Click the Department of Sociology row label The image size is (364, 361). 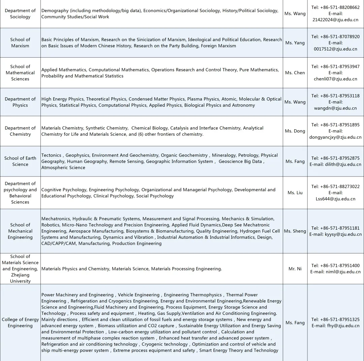click(x=20, y=13)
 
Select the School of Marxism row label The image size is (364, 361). click(x=20, y=42)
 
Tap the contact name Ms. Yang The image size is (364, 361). click(x=295, y=43)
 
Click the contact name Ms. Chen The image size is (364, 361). click(x=295, y=73)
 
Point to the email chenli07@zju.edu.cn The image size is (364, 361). click(x=335, y=79)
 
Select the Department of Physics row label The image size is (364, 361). click(x=20, y=102)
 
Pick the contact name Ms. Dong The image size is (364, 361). click(x=295, y=131)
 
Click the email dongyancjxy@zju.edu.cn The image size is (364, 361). click(x=335, y=137)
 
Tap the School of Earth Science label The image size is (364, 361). click(x=20, y=161)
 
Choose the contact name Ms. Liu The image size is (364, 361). click(x=295, y=193)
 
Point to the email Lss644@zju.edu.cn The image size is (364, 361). click(x=335, y=199)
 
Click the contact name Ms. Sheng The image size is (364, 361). click(x=295, y=231)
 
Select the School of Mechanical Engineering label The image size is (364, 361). click(x=20, y=231)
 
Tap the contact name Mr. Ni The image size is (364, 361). click(x=295, y=269)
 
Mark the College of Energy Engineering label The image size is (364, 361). click(x=20, y=323)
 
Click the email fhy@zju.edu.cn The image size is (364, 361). click(x=343, y=326)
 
